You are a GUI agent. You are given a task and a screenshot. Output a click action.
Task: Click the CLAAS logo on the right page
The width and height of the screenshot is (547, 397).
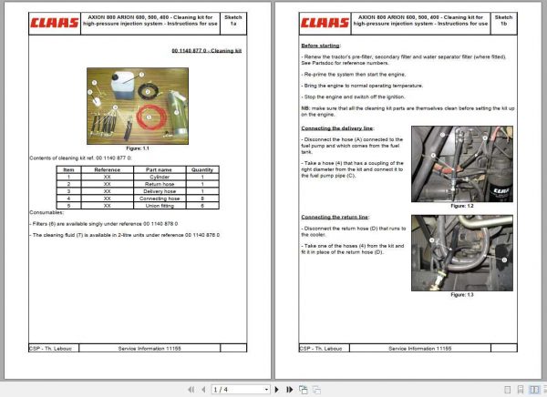(324, 21)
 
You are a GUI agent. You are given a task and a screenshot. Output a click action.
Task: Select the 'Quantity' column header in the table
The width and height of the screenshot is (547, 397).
(201, 168)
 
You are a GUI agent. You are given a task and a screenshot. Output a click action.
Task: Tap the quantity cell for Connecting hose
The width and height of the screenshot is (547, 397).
(201, 198)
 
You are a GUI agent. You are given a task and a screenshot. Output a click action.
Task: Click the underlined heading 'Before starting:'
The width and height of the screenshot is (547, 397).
(324, 45)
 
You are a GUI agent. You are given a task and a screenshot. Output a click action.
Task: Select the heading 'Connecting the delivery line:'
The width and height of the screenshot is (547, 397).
(344, 128)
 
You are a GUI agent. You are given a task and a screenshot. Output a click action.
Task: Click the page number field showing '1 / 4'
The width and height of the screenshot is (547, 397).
(222, 389)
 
